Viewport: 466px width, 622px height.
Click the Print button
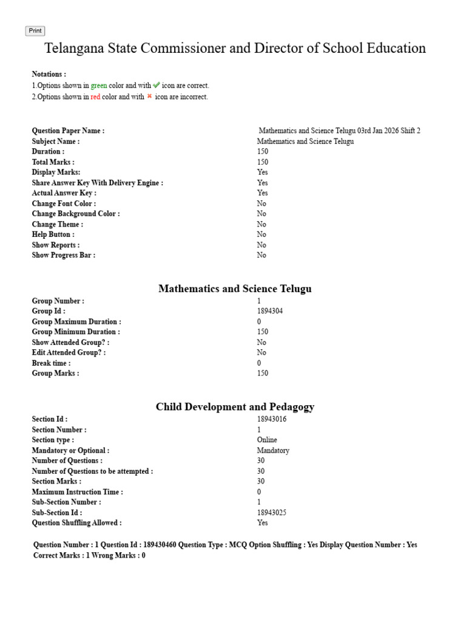coord(35,31)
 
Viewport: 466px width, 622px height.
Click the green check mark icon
coord(157,86)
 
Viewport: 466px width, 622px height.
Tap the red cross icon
coord(149,97)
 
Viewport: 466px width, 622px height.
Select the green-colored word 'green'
coord(99,86)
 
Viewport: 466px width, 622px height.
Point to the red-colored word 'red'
coord(95,97)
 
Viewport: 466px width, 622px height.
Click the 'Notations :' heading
coord(49,74)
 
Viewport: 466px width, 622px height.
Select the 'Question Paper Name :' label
coord(68,131)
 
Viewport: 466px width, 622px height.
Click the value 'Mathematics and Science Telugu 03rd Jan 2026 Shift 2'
coord(339,131)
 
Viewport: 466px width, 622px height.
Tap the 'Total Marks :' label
coord(53,162)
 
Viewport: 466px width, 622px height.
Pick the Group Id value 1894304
coord(270,311)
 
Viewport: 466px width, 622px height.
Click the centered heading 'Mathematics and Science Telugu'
coord(235,289)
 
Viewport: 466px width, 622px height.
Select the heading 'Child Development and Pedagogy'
coord(235,407)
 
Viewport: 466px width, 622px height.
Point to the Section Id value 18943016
coord(272,419)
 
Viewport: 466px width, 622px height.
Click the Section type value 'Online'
coord(267,440)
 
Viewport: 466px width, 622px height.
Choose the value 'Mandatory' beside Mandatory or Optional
coord(273,451)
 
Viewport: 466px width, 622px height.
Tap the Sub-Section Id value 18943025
coord(272,513)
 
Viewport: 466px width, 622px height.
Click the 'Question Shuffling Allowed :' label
coord(77,523)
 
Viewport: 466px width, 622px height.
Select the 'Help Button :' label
coord(53,234)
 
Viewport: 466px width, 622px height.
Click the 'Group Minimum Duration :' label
coord(76,332)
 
